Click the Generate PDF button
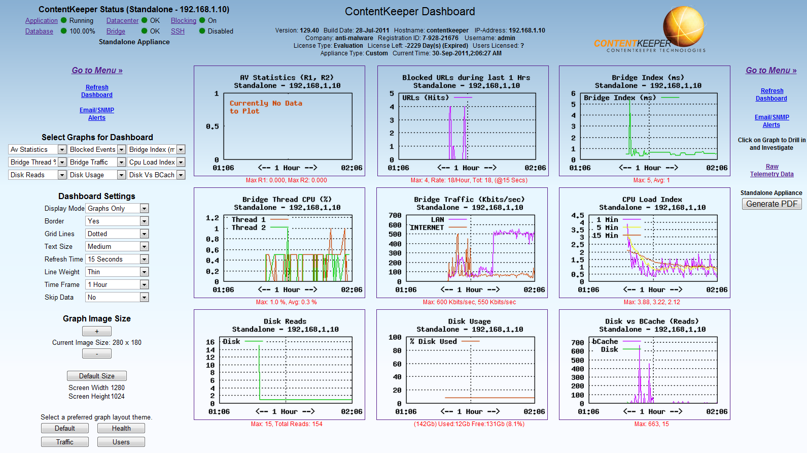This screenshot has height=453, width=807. coord(771,204)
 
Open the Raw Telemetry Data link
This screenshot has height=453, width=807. coord(772,170)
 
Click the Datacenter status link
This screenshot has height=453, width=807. coord(122,21)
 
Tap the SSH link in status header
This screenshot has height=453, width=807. coord(178,31)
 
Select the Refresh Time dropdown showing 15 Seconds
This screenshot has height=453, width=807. coord(117,259)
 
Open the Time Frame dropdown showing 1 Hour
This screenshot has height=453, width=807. coord(117,284)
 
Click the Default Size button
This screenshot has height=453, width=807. coord(96,376)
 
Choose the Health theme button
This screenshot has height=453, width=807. coord(121,429)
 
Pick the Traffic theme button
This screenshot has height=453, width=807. coord(65,442)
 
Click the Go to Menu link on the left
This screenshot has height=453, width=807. coord(97,71)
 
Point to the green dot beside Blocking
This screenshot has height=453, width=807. coord(202,20)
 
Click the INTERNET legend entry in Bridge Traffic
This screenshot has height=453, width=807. coord(427,228)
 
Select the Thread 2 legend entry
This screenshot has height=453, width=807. coord(249,228)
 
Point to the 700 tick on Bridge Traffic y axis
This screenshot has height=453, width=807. coord(395,216)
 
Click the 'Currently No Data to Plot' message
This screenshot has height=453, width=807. coord(265,107)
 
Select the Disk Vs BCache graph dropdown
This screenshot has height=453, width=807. coord(156,175)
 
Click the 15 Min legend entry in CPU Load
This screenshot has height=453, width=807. coord(605,236)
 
